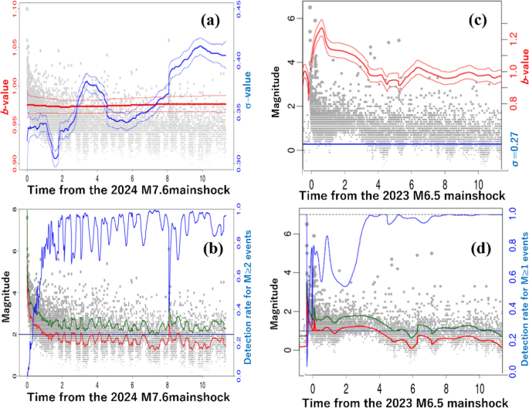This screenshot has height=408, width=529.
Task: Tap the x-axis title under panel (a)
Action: (x=126, y=189)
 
